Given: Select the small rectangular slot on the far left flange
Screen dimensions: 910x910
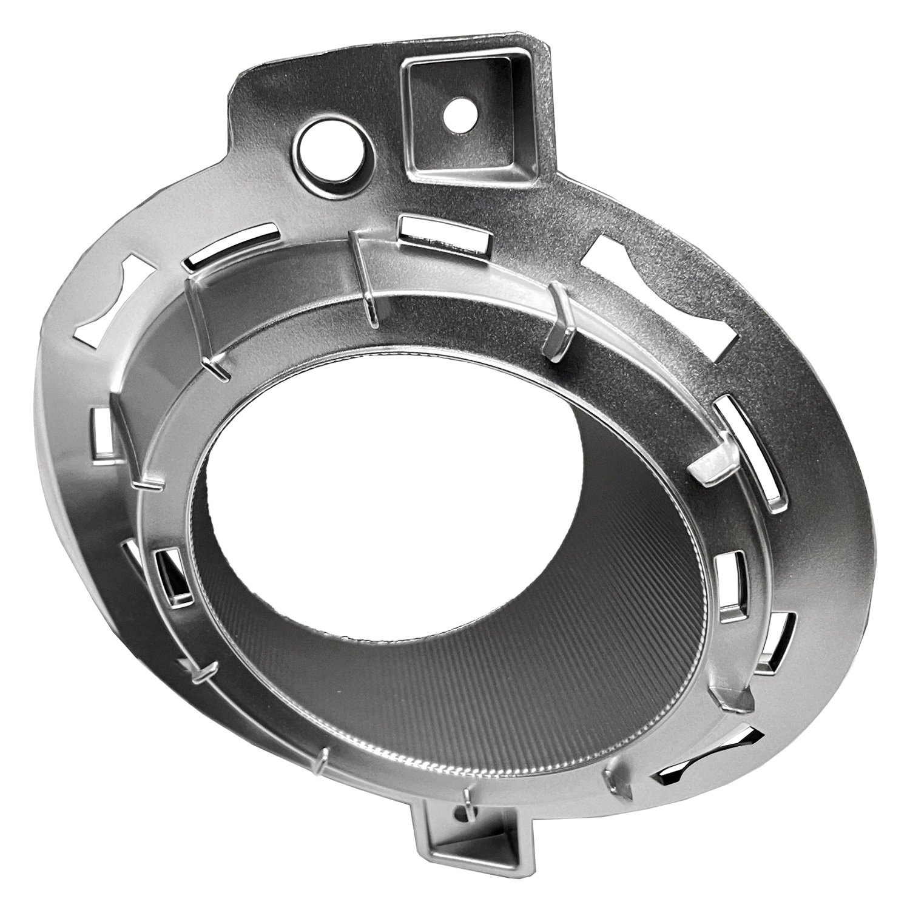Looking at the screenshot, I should [x=101, y=431].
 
